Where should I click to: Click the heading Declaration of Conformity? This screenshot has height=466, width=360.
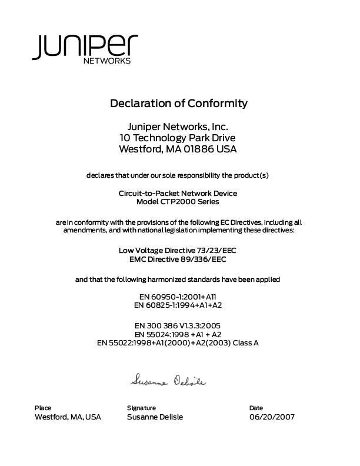[x=179, y=104]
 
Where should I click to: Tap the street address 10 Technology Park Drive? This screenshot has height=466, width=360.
[x=178, y=138]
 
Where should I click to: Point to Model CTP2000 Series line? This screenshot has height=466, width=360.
[x=178, y=202]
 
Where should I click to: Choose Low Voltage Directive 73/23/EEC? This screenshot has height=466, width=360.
[x=178, y=250]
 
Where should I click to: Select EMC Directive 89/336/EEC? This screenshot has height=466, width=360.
[x=178, y=259]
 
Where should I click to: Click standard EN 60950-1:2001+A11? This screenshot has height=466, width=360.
[x=178, y=297]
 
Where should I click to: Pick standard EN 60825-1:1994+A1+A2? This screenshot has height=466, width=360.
[x=178, y=305]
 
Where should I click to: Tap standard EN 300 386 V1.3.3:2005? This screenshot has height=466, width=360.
[x=178, y=325]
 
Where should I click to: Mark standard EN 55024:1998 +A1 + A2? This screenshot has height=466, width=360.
[x=178, y=334]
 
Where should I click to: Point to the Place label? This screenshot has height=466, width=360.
[x=43, y=408]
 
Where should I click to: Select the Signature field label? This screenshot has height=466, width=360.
[x=141, y=408]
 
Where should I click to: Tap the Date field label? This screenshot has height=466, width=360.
[x=256, y=408]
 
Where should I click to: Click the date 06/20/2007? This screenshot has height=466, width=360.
[x=272, y=417]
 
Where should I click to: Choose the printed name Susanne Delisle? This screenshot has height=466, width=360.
[x=155, y=417]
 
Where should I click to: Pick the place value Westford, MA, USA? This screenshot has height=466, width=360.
[x=68, y=417]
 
